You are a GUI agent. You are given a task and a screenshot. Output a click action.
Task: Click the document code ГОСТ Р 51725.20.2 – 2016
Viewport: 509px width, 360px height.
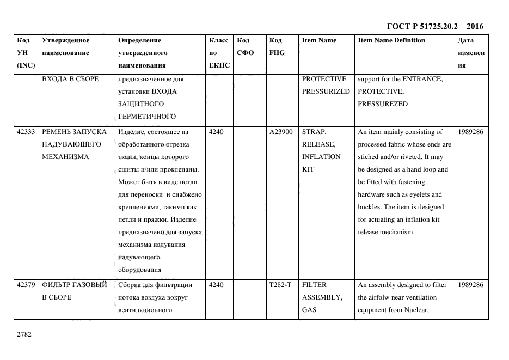pos(434,26)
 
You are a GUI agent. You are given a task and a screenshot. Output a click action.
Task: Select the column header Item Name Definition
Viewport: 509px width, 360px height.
pos(391,40)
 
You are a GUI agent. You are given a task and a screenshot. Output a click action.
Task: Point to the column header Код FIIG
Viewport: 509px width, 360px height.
pos(277,46)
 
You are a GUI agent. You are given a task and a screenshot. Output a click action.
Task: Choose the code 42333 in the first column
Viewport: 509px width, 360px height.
pos(26,132)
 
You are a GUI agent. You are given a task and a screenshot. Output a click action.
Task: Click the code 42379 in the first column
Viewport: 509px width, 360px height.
pos(26,285)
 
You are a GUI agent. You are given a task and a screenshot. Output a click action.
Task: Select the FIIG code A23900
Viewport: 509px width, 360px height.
pos(281,132)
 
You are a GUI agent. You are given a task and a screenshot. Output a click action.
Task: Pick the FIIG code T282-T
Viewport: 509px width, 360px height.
pos(280,285)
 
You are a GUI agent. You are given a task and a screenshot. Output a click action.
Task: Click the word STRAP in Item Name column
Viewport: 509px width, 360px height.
pos(314,132)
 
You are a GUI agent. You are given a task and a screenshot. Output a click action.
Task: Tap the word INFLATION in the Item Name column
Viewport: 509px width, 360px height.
pos(321,157)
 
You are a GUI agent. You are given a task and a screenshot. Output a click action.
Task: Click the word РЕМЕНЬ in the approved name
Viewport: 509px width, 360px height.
pos(57,132)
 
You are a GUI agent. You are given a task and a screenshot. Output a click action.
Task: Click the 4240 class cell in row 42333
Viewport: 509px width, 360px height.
pos(216,132)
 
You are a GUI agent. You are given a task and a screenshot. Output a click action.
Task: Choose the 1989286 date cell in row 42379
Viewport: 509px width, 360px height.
pos(470,285)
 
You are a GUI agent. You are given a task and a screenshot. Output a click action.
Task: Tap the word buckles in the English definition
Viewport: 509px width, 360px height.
pos(370,207)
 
